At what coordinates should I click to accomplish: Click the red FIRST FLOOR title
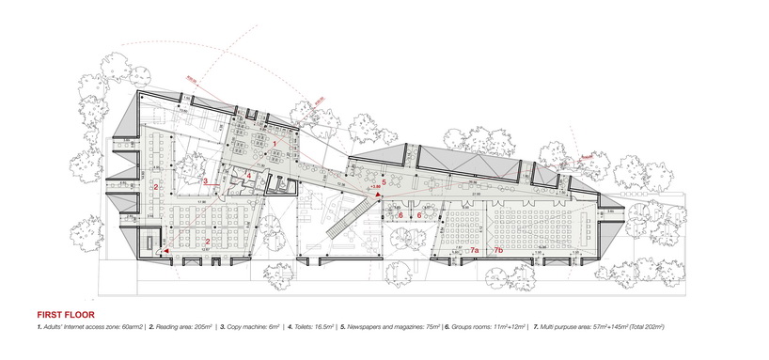pyautogui.click(x=65, y=314)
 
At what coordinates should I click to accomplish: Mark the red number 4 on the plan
pyautogui.click(x=248, y=175)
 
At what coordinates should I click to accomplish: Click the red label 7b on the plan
pyautogui.click(x=499, y=250)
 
